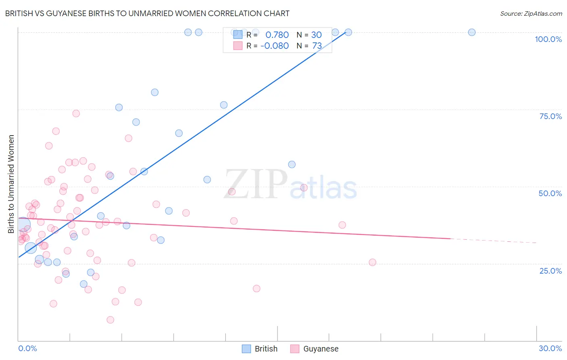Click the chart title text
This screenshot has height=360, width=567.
147,13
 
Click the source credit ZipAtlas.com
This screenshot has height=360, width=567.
531,13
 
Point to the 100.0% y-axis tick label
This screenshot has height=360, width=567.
548,39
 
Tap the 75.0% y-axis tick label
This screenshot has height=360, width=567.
550,116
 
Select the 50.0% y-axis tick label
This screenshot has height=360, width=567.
550,193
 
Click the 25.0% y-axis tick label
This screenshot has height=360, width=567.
550,271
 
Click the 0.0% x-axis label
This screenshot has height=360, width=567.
27,348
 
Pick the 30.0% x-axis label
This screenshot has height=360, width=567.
550,348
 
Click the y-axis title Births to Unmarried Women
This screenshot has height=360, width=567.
11,184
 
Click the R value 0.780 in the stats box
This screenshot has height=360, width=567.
277,35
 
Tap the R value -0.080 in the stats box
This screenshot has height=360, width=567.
275,46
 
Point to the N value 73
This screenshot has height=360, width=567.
317,46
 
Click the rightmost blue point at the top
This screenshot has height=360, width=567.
471,32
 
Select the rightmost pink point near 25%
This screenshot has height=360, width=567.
372,262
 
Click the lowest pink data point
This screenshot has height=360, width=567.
110,320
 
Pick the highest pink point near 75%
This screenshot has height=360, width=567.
76,113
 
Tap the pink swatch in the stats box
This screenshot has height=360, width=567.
238,46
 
